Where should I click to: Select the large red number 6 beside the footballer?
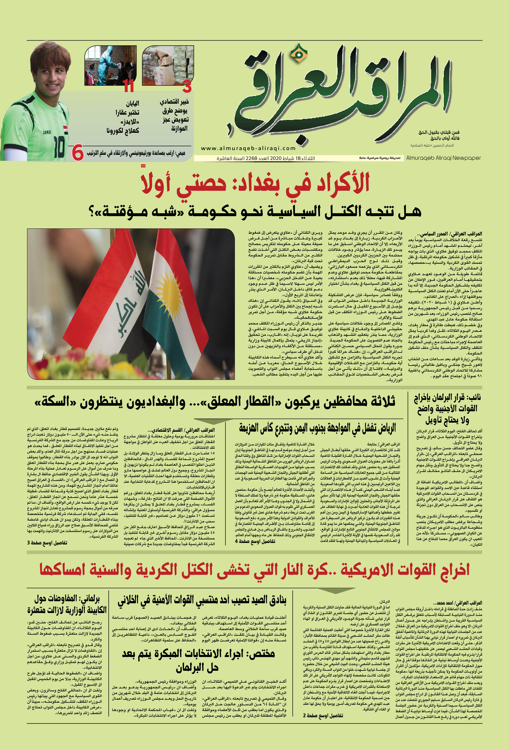tap(78, 153)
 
